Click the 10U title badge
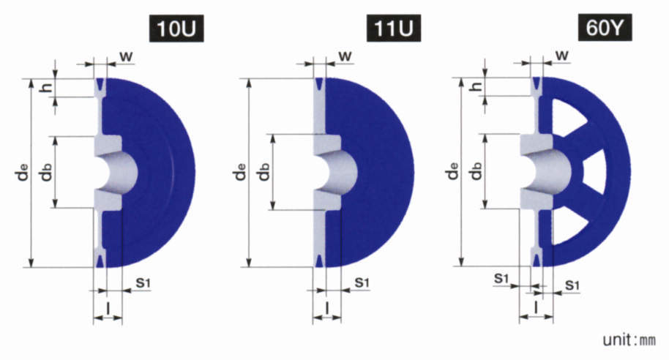coord(176,28)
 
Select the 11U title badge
coord(394,28)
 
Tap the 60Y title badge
coord(605,28)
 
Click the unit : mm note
coord(629,340)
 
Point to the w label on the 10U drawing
coord(125,56)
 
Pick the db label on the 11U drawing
coord(264,171)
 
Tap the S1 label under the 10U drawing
coord(143,282)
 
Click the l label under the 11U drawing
coord(327,308)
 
